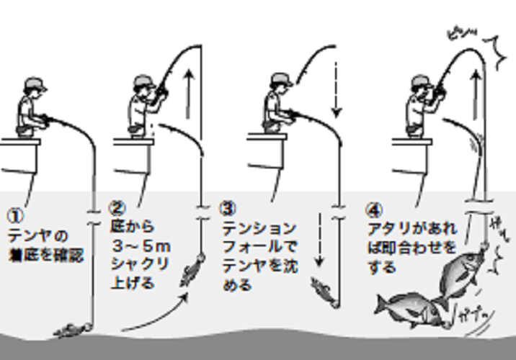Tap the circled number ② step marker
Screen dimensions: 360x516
(117, 210)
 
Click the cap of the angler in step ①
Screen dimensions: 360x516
(33, 84)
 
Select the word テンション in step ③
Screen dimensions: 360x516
(257, 228)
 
